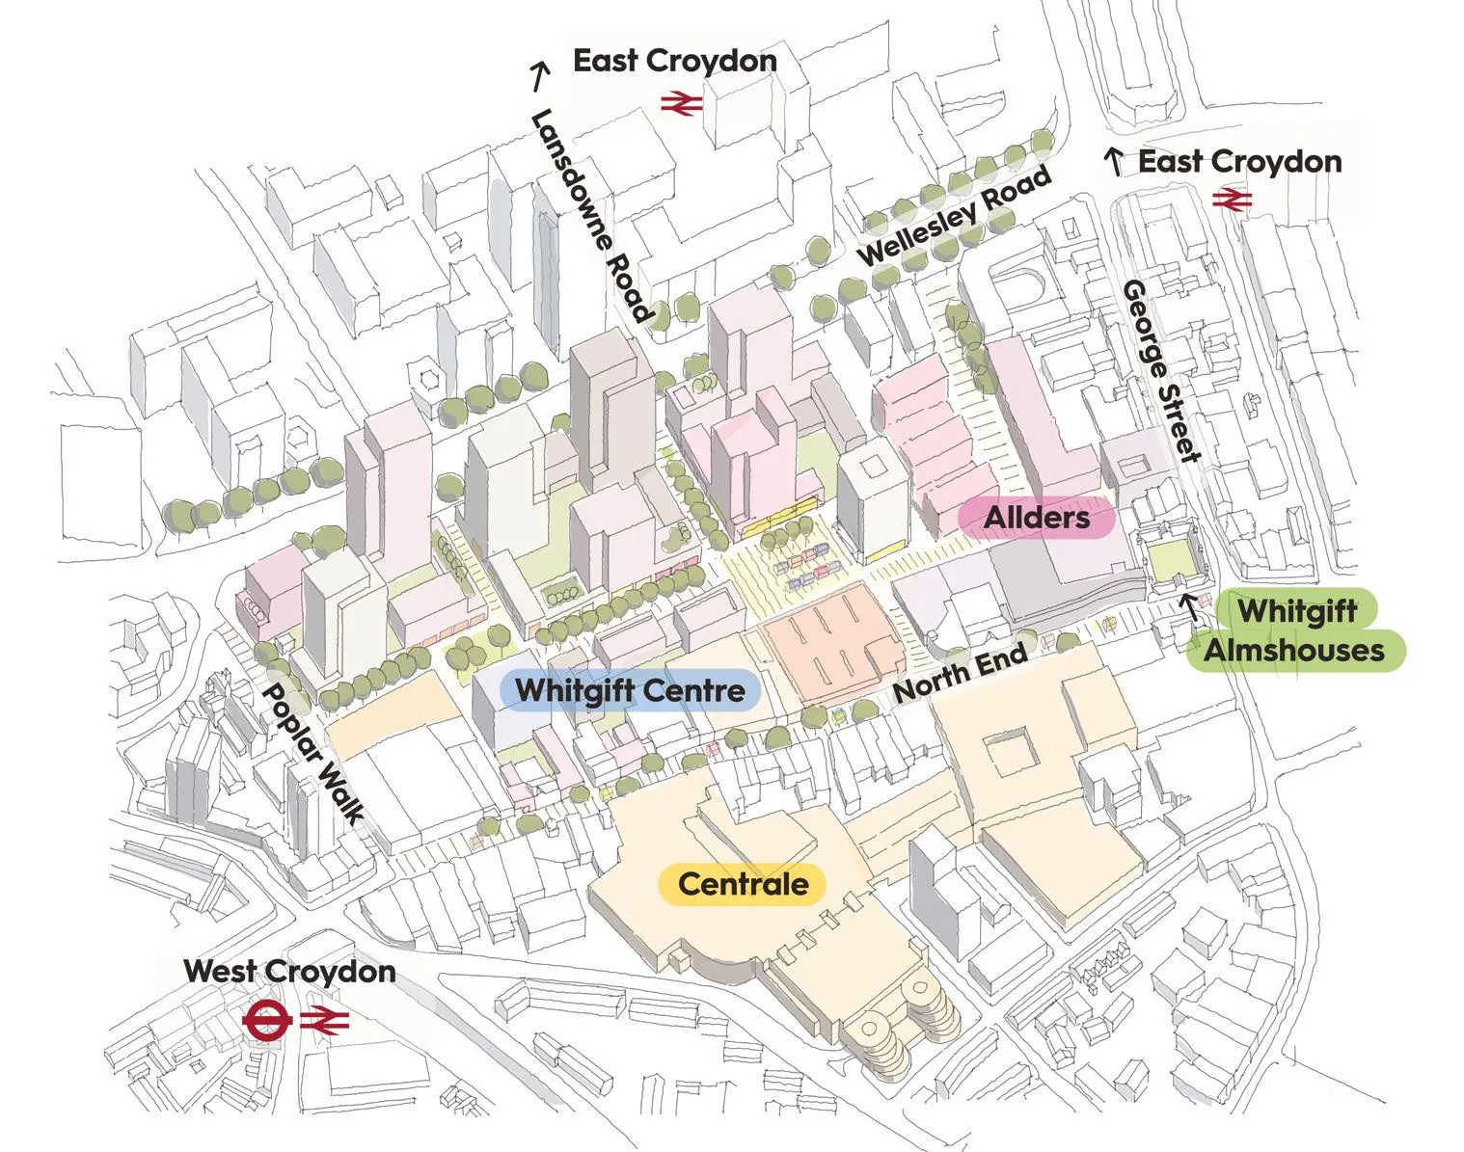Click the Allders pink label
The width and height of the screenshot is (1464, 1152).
1036,519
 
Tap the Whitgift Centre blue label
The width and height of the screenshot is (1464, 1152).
630,690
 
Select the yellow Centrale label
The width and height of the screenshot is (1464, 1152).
743,884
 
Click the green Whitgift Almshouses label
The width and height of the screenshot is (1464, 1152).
1296,630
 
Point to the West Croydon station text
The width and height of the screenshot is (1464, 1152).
289,971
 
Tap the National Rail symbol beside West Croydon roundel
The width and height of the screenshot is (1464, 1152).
324,1021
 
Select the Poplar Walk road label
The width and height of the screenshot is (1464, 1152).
312,754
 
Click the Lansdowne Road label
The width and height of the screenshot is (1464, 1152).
590,216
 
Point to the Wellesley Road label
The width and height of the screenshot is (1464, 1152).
954,216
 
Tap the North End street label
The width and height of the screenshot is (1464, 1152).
960,673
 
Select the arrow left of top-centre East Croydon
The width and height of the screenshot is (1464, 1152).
539,76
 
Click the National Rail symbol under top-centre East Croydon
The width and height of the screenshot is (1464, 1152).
682,104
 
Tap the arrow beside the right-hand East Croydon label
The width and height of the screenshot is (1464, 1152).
1114,163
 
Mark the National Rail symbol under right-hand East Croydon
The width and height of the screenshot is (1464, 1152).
1232,200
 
